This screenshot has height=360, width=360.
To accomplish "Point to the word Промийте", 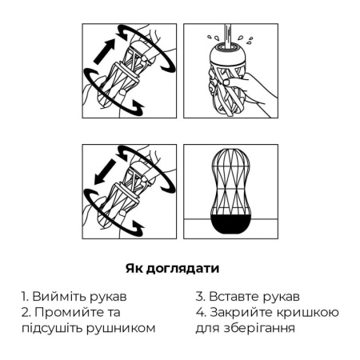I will click(x=68, y=312).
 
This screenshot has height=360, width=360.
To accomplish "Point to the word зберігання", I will click(x=263, y=327).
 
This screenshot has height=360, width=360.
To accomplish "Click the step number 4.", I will click(x=199, y=312).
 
